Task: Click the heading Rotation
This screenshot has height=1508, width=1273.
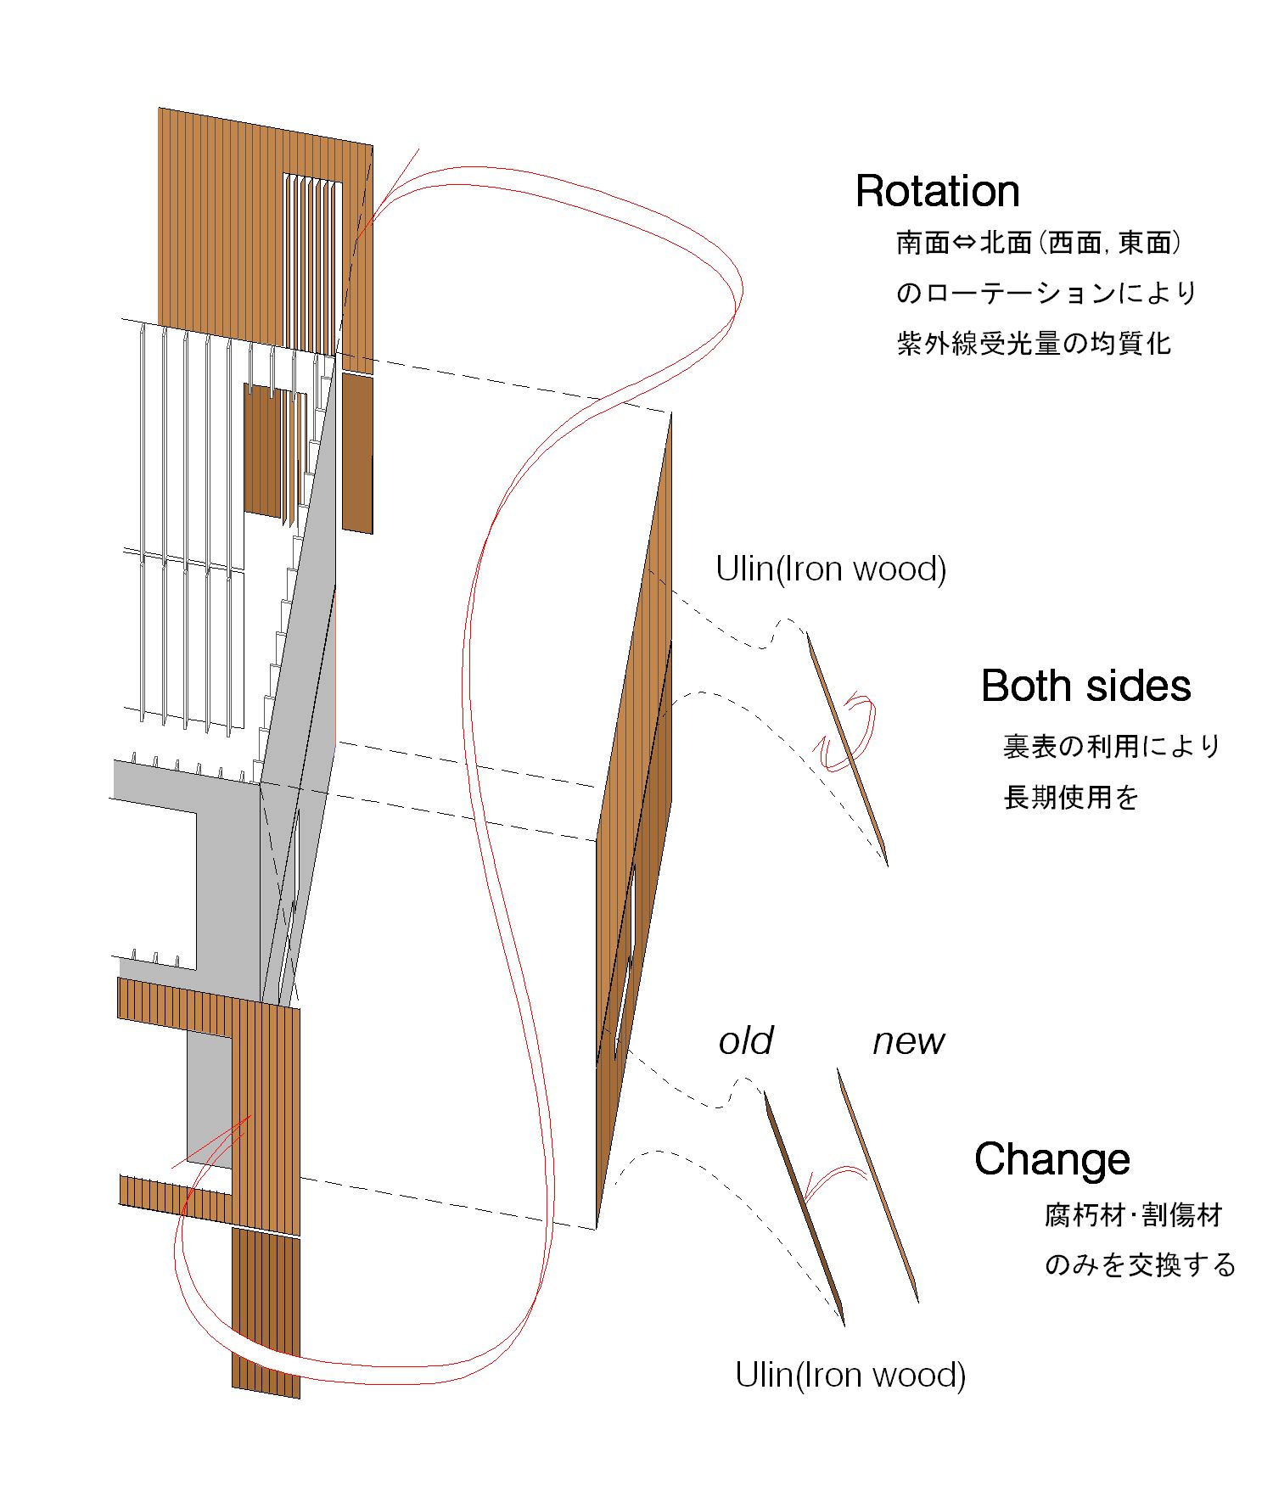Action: click(x=937, y=191)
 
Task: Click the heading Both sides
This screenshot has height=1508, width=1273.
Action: click(x=1085, y=686)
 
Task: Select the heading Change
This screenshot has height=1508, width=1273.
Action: click(x=1051, y=1158)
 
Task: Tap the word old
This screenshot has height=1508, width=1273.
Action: click(x=746, y=1041)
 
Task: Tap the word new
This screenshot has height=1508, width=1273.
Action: click(x=908, y=1041)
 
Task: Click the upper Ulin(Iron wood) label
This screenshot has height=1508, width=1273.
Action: click(x=831, y=569)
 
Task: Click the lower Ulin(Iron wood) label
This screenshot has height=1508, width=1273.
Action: click(x=850, y=1375)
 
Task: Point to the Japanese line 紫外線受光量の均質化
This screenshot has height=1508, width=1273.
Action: click(x=1034, y=344)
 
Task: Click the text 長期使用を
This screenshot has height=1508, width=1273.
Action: click(x=1071, y=798)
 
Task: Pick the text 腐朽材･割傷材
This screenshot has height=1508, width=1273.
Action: click(x=1133, y=1215)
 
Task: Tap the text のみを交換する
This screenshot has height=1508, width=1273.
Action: click(x=1140, y=1265)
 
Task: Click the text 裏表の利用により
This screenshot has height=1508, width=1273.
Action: click(x=1112, y=747)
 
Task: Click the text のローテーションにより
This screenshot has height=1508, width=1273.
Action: click(x=1046, y=294)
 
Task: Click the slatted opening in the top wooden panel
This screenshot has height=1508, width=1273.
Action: click(x=311, y=263)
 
